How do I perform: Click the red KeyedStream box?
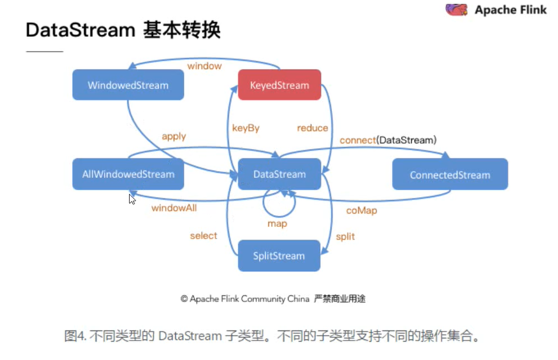click(279, 85)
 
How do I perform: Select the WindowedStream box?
click(128, 85)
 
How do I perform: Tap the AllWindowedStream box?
click(128, 174)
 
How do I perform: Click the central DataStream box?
click(279, 174)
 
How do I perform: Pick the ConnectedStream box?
click(449, 174)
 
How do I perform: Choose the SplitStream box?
click(279, 256)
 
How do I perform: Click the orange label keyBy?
click(245, 128)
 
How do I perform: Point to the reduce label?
click(312, 128)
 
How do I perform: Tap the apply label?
click(174, 137)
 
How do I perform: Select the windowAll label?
click(174, 208)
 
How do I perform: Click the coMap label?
click(362, 211)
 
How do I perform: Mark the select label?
click(203, 236)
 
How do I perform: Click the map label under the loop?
click(277, 224)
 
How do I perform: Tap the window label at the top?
click(204, 66)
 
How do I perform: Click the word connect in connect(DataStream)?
click(357, 140)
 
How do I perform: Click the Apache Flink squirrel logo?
click(457, 9)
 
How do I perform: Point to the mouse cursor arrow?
click(132, 199)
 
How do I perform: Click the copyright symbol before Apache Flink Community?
click(184, 299)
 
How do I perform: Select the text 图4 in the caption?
click(74, 336)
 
